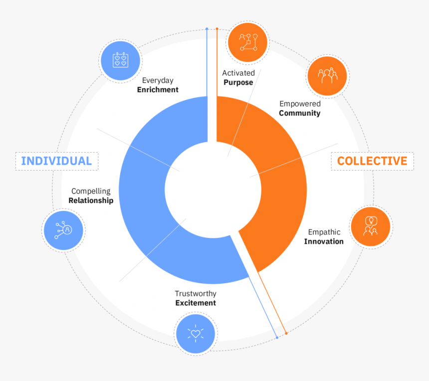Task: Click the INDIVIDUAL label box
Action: pyautogui.click(x=57, y=161)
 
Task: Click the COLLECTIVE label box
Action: pyautogui.click(x=372, y=161)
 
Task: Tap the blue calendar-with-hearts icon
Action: pyautogui.click(x=120, y=60)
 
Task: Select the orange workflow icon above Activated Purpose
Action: pyautogui.click(x=247, y=42)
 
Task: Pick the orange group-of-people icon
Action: pyautogui.click(x=327, y=76)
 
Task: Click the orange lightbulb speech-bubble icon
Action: pyautogui.click(x=371, y=227)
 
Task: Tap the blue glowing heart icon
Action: pyautogui.click(x=196, y=334)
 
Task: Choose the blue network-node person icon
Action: pyautogui.click(x=63, y=230)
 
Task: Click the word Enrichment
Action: pyautogui.click(x=158, y=90)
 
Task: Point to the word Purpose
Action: pyautogui.click(x=238, y=83)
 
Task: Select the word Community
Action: pyautogui.click(x=300, y=113)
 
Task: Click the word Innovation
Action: pyautogui.click(x=324, y=241)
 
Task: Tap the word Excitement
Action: pyautogui.click(x=196, y=303)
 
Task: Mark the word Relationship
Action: pyautogui.click(x=91, y=200)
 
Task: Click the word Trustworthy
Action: pyautogui.click(x=196, y=294)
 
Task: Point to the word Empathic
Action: pyautogui.click(x=324, y=232)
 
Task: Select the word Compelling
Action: pyautogui.click(x=91, y=191)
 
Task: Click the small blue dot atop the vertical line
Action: pyautogui.click(x=207, y=29)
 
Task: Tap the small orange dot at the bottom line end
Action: pyautogui.click(x=286, y=333)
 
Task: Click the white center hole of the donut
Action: pyautogui.click(x=213, y=190)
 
